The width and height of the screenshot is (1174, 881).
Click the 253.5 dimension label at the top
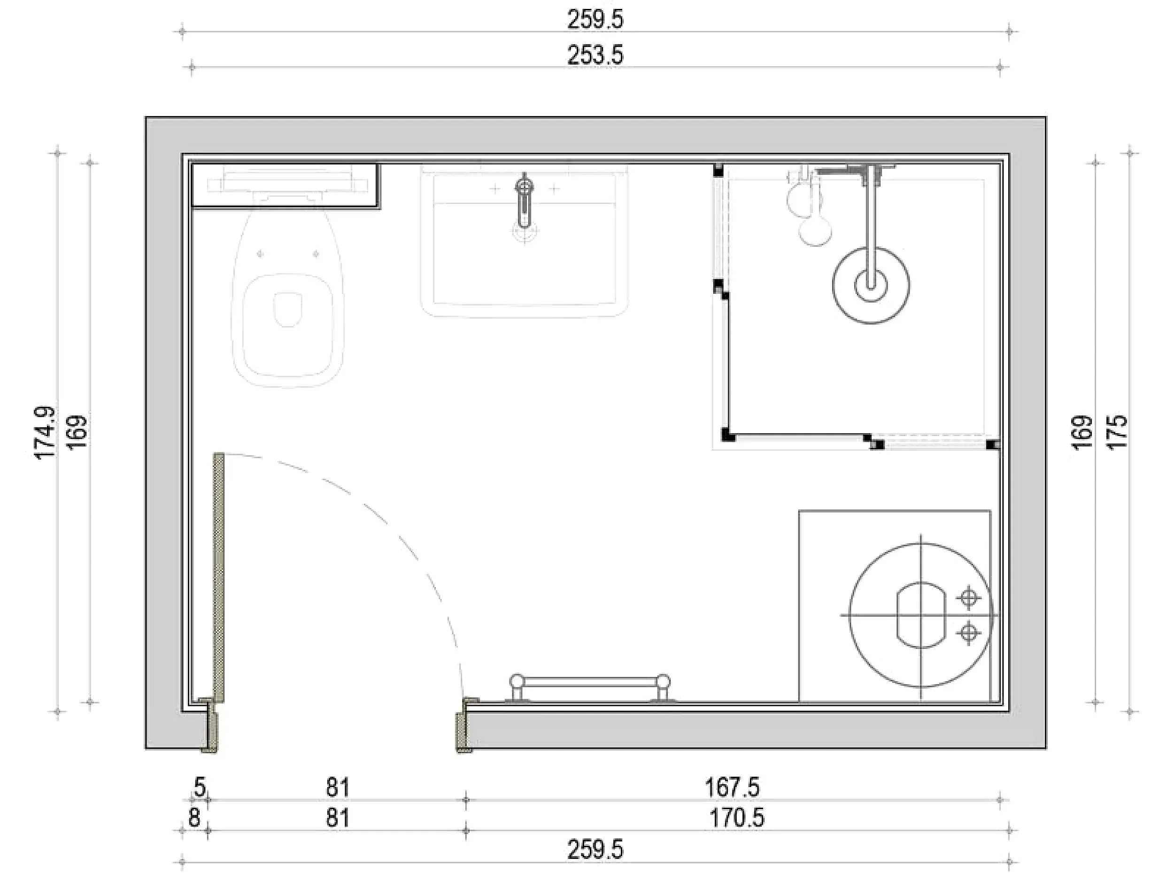click(595, 55)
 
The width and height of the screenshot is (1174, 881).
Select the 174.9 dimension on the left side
click(45, 433)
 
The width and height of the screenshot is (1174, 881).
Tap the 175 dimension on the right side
click(1117, 432)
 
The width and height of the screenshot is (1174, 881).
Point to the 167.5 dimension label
click(732, 787)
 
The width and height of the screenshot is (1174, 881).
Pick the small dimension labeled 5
click(200, 787)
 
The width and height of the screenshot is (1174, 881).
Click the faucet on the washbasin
click(525, 202)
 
